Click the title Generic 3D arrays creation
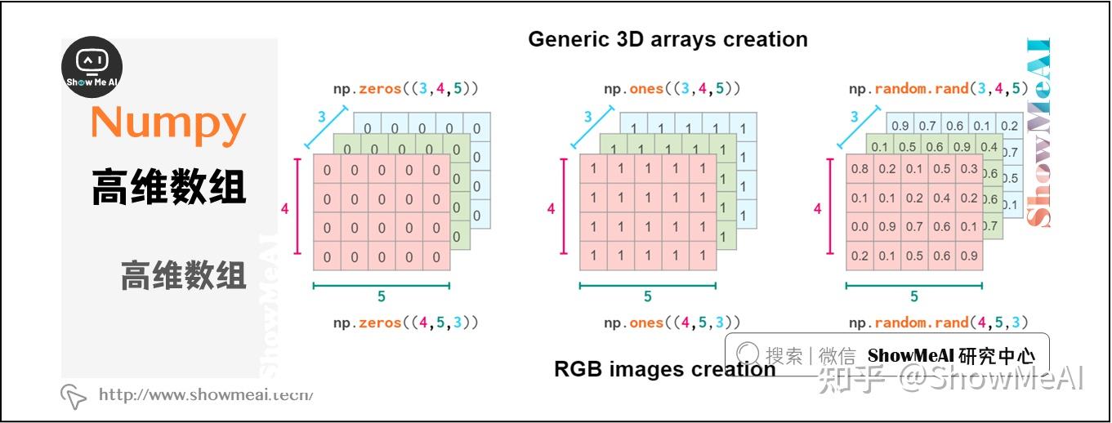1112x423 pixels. pos(668,39)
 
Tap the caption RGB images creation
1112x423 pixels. pos(664,369)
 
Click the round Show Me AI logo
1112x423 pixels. pos(92,68)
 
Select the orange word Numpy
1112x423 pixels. pos(167,123)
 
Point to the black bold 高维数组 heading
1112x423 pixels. pos(167,186)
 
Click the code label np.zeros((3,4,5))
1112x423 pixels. pos(405,88)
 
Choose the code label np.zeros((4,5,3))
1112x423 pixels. pos(405,323)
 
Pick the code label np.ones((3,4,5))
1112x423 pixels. pos(672,88)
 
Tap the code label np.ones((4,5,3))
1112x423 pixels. pos(672,323)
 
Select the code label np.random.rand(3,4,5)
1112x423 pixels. pos(938,88)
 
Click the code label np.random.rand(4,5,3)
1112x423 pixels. pos(938,323)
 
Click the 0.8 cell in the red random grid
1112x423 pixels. pos(860,170)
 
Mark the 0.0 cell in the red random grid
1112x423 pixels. pos(860,227)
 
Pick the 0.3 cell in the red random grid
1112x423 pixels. pos(969,170)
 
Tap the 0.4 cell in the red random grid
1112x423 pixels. pos(942,198)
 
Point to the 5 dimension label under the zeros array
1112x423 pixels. pos(382,297)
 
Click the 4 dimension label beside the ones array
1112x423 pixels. pos(551,209)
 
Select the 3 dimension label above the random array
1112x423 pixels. pos(855,117)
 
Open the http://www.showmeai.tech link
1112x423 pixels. pos(206,395)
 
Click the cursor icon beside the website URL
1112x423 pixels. pos(74,396)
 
